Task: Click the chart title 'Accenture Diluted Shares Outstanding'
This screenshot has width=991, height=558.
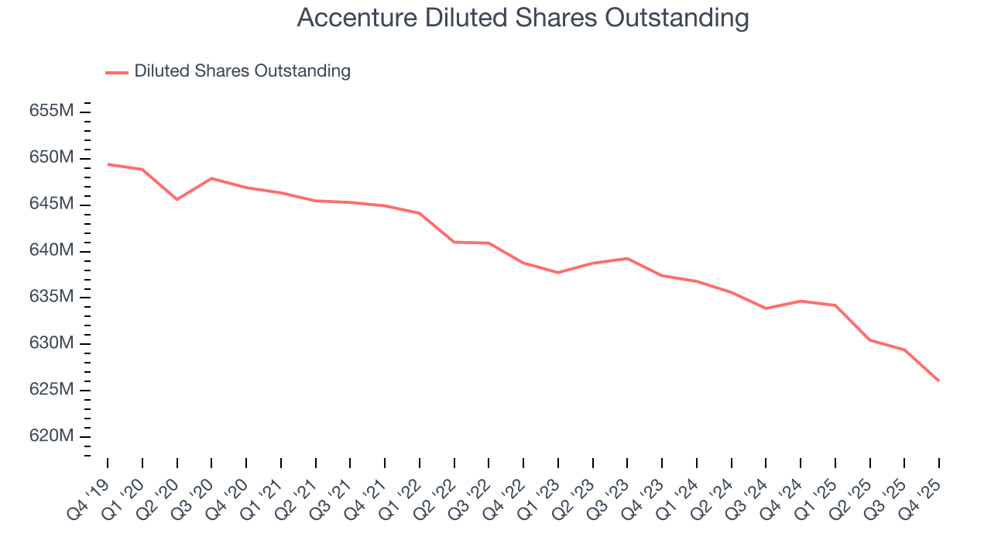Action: pos(523,18)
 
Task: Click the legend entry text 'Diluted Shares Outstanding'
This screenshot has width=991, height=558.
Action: pos(242,71)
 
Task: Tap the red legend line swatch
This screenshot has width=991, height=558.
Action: pos(117,73)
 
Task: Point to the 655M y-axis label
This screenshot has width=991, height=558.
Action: pos(52,111)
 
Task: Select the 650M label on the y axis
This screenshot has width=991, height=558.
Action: pos(52,157)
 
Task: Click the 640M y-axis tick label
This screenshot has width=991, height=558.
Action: pos(52,250)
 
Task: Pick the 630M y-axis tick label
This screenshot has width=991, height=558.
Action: pos(52,343)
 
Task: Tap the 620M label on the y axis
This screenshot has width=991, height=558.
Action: pos(52,436)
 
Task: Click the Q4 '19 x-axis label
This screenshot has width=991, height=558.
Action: pos(91,487)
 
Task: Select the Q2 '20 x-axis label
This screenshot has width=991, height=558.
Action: pos(160,487)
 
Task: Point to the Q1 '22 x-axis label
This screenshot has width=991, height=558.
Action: pos(403,487)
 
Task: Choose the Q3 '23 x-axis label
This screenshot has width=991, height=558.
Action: pos(610,487)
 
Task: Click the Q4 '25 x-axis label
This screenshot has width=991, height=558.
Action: pos(922,487)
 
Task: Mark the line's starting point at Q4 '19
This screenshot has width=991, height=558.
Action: pos(108,164)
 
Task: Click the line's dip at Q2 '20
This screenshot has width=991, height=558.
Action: pos(177,199)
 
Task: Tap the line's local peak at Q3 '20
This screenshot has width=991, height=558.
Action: pos(211,178)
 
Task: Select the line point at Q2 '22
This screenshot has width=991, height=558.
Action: pos(454,242)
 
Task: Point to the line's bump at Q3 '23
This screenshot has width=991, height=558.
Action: pos(627,258)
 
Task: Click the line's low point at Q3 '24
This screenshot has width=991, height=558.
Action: pos(766,308)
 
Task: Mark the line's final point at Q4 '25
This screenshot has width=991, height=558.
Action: pos(939,381)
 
